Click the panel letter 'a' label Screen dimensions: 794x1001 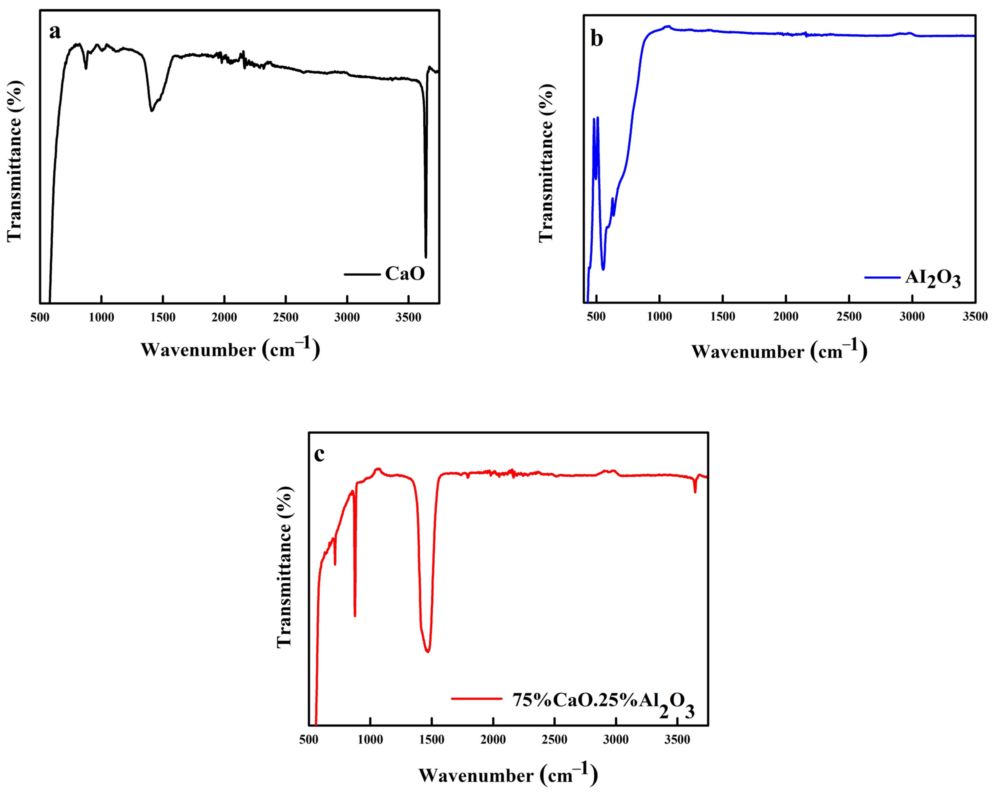pos(55,32)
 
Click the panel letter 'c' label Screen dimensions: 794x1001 pos(319,454)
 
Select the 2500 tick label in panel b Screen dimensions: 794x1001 pos(849,317)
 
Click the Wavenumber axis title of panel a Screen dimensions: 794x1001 pos(230,349)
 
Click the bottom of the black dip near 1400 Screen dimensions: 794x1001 pos(151,111)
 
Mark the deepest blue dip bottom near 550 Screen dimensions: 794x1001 pos(603,269)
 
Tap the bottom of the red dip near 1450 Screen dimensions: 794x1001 pos(428,652)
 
